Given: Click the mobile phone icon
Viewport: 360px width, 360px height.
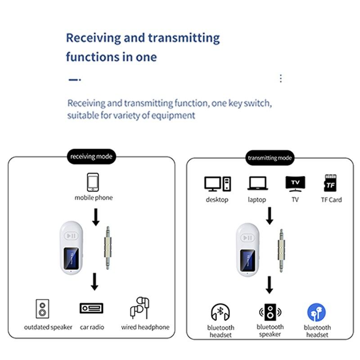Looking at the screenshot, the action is click(x=93, y=182).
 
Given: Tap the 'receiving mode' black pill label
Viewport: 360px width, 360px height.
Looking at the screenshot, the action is click(x=91, y=157).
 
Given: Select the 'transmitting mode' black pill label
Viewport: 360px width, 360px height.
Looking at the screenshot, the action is click(x=270, y=158).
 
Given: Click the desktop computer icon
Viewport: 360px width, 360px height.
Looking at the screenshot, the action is click(x=218, y=184).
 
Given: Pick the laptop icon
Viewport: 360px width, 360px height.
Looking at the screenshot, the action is click(x=257, y=183).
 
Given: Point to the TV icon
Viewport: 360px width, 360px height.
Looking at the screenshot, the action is click(x=295, y=184).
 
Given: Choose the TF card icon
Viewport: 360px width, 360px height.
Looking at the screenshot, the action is click(x=330, y=183).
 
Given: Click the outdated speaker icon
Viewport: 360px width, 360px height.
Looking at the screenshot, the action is click(x=42, y=309).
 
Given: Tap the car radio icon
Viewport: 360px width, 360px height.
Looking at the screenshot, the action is click(x=91, y=308).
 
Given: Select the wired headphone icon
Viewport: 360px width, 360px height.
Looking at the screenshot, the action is click(x=139, y=308).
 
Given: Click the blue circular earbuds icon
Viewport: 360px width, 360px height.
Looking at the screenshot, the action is click(x=316, y=312).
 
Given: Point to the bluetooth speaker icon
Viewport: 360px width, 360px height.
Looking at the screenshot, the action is click(x=270, y=312).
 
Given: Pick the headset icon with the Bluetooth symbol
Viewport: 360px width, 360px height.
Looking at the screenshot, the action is click(x=220, y=312).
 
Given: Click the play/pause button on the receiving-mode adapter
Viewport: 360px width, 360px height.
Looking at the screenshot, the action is click(x=71, y=236).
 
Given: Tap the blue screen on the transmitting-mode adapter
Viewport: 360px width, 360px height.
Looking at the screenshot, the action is click(x=248, y=261).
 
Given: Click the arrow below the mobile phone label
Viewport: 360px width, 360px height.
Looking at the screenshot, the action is click(x=96, y=217).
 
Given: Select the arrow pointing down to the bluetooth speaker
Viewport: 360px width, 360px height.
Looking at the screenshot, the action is click(x=269, y=285).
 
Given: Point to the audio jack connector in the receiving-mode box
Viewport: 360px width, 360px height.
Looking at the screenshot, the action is click(x=108, y=248).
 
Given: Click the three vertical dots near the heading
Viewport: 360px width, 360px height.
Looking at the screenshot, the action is click(x=281, y=78).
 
